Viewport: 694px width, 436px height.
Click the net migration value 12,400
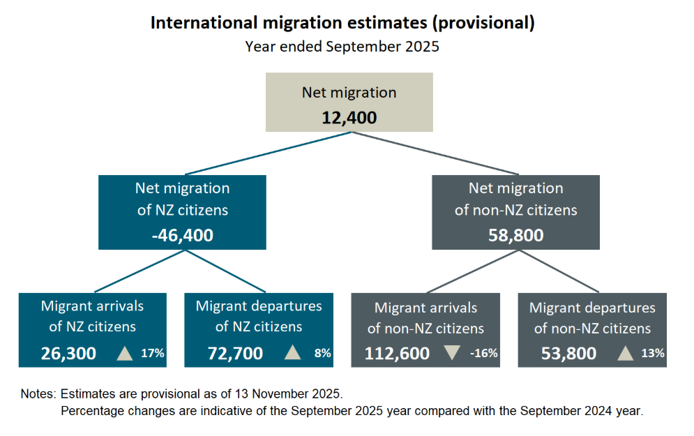(x=349, y=117)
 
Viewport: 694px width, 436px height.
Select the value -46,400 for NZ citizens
(x=182, y=236)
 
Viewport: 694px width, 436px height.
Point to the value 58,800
(x=515, y=236)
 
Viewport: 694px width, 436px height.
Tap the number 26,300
(x=68, y=353)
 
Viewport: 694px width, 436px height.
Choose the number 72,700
(x=235, y=353)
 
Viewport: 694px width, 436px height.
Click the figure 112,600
(x=397, y=353)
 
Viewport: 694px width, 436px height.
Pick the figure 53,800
(x=568, y=353)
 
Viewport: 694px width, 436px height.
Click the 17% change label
(x=152, y=353)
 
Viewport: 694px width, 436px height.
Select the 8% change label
(x=322, y=353)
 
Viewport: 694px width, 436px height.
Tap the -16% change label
(x=484, y=353)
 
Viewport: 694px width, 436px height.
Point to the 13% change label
(x=653, y=353)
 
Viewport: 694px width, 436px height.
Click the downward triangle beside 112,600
(x=451, y=353)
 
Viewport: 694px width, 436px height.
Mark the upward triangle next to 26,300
(x=124, y=353)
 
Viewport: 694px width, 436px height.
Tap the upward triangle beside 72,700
(x=293, y=353)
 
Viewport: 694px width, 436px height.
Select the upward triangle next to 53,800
(x=626, y=353)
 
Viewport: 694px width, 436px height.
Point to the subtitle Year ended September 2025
(x=342, y=47)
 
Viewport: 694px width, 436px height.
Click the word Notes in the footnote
(x=37, y=394)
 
